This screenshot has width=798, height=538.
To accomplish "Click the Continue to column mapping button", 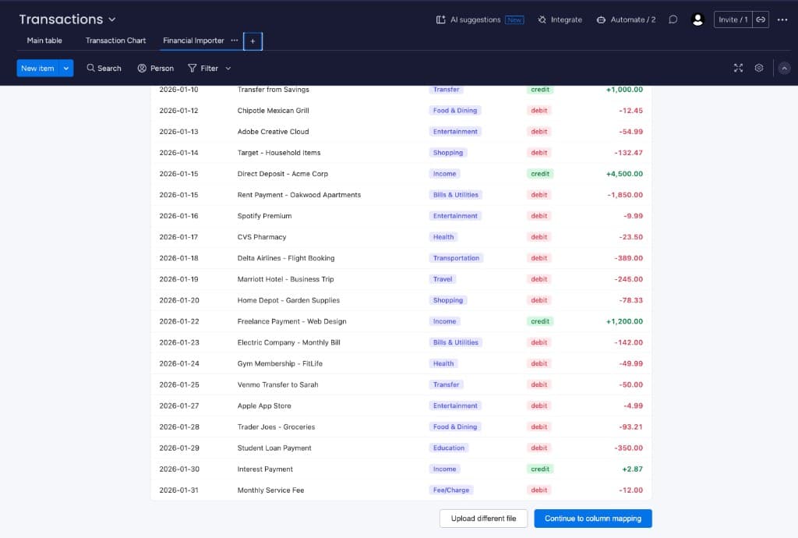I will pyautogui.click(x=592, y=519).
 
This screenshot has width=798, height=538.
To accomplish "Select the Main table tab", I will pyautogui.click(x=44, y=41).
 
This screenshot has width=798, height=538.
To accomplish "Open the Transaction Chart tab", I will pyautogui.click(x=115, y=41).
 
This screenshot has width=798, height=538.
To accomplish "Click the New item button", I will pyautogui.click(x=37, y=69).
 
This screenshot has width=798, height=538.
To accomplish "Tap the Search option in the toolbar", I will pyautogui.click(x=104, y=69).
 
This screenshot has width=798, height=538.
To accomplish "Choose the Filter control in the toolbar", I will pyautogui.click(x=203, y=69).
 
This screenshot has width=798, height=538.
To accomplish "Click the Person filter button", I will pyautogui.click(x=155, y=69).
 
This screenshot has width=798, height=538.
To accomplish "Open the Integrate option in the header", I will pyautogui.click(x=560, y=19).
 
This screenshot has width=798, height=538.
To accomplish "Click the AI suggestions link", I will pyautogui.click(x=479, y=19).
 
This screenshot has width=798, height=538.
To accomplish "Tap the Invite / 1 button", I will pyautogui.click(x=733, y=19).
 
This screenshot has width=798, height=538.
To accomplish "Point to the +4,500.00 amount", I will pyautogui.click(x=624, y=174).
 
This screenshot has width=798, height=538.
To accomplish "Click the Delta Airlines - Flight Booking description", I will pyautogui.click(x=286, y=258).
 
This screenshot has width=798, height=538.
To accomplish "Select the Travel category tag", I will pyautogui.click(x=443, y=279).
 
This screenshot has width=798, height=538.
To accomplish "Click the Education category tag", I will pyautogui.click(x=449, y=448).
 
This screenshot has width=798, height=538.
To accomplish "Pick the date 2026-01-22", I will pyautogui.click(x=178, y=321).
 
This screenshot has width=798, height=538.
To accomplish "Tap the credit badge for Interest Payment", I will pyautogui.click(x=540, y=469).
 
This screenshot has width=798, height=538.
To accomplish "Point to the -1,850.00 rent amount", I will pyautogui.click(x=625, y=195).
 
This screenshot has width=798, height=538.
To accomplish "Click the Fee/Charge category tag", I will pyautogui.click(x=451, y=490).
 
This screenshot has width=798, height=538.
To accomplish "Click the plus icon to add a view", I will pyautogui.click(x=252, y=41).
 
